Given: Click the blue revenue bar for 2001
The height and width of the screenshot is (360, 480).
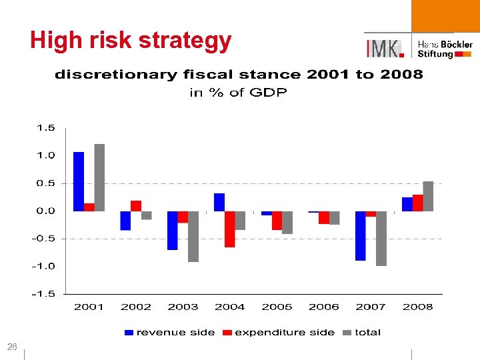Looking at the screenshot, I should pos(79,181).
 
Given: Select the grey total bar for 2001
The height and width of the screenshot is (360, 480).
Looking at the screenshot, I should pos(99,177).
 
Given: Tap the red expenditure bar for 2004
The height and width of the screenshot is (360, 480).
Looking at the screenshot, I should pos(229,229).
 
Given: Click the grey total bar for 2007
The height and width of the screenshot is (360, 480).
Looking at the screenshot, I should pos(381,238).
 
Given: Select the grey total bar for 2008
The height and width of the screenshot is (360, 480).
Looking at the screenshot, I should pos(428,196).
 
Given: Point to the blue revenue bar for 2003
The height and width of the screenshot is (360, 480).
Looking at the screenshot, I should pos(172,230).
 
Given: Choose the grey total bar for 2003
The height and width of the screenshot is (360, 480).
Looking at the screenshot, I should pos(193,236).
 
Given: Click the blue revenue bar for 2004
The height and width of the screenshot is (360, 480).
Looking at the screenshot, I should pos(219,202).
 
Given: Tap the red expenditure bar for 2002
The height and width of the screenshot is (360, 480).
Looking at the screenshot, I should pos(136,205).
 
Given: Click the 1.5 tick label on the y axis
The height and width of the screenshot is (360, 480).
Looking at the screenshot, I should pos(46,127).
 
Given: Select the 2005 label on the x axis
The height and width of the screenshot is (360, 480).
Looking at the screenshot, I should pos(277,307).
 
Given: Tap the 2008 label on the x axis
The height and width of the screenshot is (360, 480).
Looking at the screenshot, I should pos(418,307).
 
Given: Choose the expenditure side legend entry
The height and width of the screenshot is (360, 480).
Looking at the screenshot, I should pos(278,332).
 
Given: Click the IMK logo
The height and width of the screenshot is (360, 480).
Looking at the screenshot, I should pos(384,48).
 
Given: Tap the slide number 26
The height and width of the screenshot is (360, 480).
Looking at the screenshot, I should pos(12,347).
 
